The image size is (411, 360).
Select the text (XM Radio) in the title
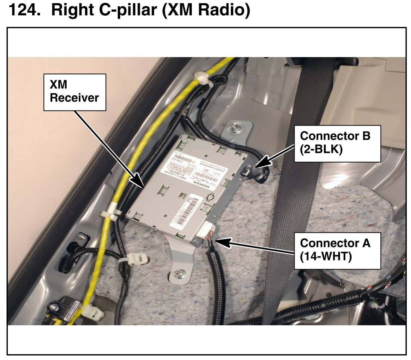(205, 10)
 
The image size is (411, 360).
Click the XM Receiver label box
(74, 92)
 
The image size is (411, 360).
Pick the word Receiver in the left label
(74, 98)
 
